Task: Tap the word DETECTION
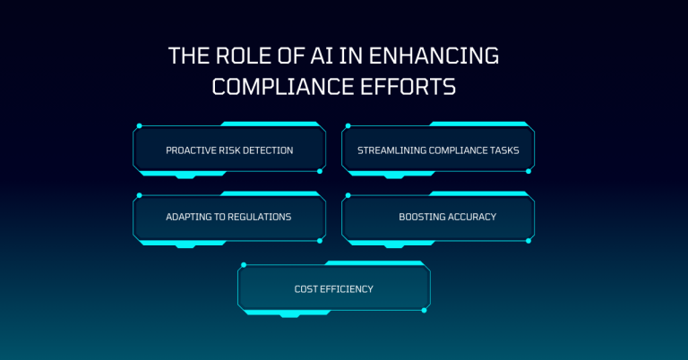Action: pyautogui.click(x=270, y=150)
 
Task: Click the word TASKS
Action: pyautogui.click(x=506, y=150)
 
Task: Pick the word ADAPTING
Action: pyautogui.click(x=191, y=217)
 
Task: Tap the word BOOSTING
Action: pyautogui.click(x=424, y=217)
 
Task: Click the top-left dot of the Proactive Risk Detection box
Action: pyautogui.click(x=139, y=126)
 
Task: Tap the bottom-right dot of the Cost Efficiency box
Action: pyautogui.click(x=425, y=310)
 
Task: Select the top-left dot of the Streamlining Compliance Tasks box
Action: pyautogui.click(x=348, y=126)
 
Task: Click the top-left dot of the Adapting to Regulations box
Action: pyautogui.click(x=139, y=193)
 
